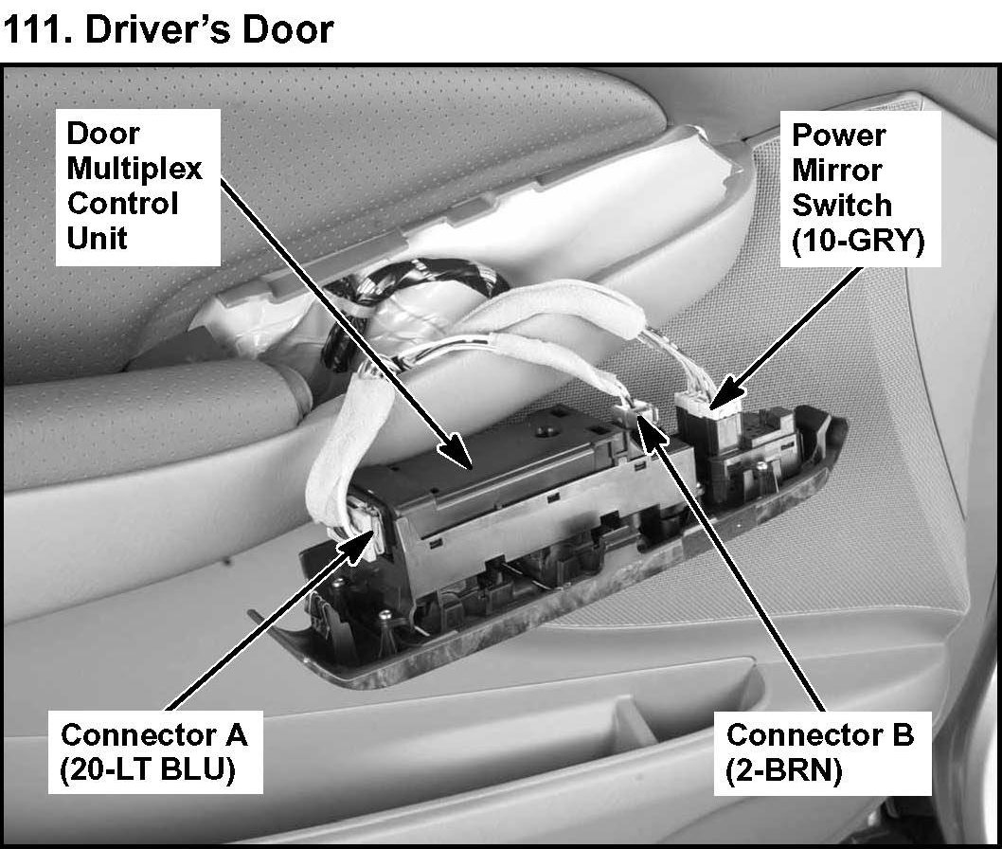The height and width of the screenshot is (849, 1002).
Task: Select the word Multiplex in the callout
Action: tap(134, 169)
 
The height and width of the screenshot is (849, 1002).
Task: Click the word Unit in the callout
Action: tap(96, 236)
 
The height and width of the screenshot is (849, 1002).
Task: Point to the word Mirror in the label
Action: tap(836, 172)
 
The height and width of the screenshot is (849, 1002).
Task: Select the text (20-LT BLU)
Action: tap(147, 770)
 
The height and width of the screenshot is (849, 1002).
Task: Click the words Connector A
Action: tap(153, 734)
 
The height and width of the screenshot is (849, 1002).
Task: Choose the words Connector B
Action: tap(820, 734)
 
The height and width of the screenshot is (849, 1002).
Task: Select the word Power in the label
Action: tap(838, 135)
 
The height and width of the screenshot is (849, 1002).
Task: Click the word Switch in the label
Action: tap(841, 206)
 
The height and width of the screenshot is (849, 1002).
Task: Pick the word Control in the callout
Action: tap(122, 203)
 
